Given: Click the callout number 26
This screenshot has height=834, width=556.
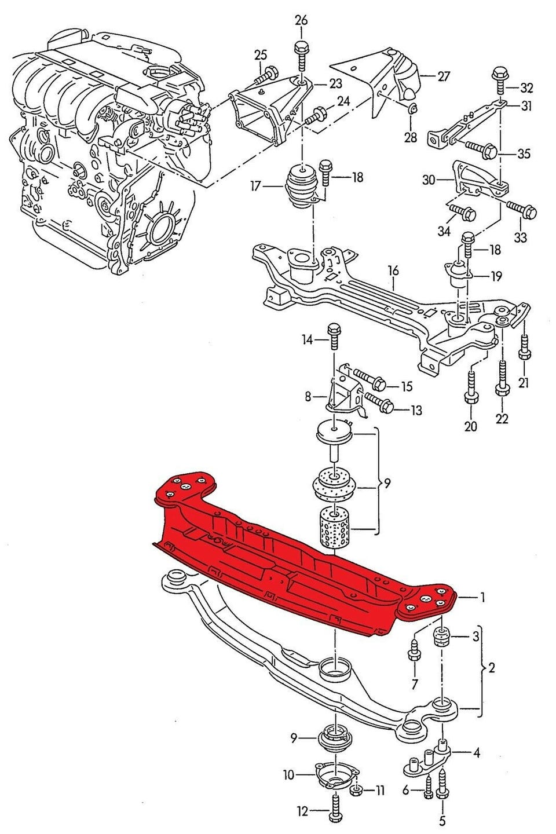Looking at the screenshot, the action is coord(301,20).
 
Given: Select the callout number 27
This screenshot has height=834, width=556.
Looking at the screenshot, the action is coord(444,76).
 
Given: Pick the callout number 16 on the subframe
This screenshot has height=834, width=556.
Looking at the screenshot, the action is coord(393,270).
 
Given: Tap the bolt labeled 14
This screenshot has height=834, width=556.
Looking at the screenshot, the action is coord(333,336).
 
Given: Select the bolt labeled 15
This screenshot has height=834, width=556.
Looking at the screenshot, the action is coord(369,379).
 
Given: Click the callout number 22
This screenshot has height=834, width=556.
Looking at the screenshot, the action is coord(502,419).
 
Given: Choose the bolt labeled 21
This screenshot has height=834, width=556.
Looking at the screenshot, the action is coord(524,346).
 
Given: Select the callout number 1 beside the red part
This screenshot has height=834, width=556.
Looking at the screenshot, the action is coord(482,598).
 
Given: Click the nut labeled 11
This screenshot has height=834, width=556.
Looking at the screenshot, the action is coord(357,780).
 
